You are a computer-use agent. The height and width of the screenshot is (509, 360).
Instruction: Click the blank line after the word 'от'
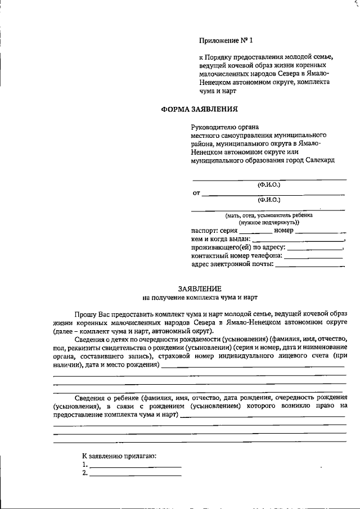coord(273,194)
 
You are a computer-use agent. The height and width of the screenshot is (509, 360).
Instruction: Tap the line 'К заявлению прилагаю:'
coord(119,454)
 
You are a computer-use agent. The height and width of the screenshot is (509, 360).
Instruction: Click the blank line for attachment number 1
coord(135,466)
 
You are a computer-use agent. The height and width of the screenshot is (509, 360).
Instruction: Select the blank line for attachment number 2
coord(135,475)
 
